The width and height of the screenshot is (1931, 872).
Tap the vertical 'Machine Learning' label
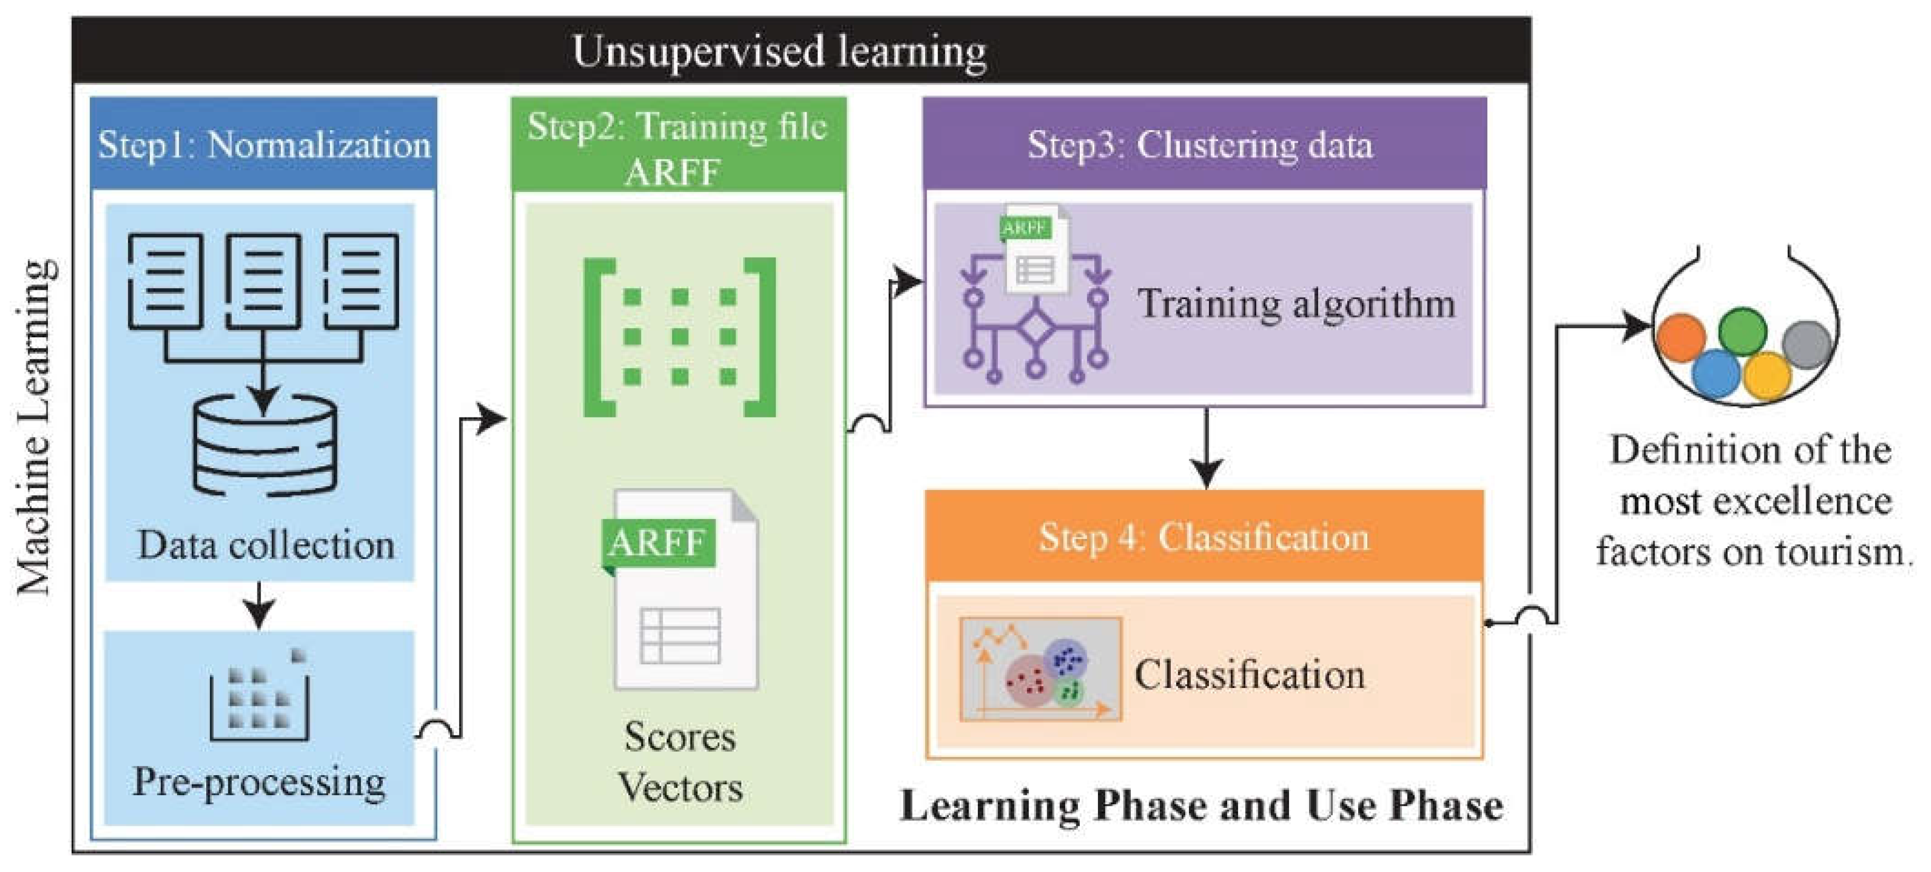tap(34, 427)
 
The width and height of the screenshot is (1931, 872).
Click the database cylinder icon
tap(264, 446)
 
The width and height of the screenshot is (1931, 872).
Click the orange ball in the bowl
tap(1681, 337)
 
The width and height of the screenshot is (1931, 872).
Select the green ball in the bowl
tap(1742, 330)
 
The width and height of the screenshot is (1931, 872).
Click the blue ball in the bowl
tap(1715, 374)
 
